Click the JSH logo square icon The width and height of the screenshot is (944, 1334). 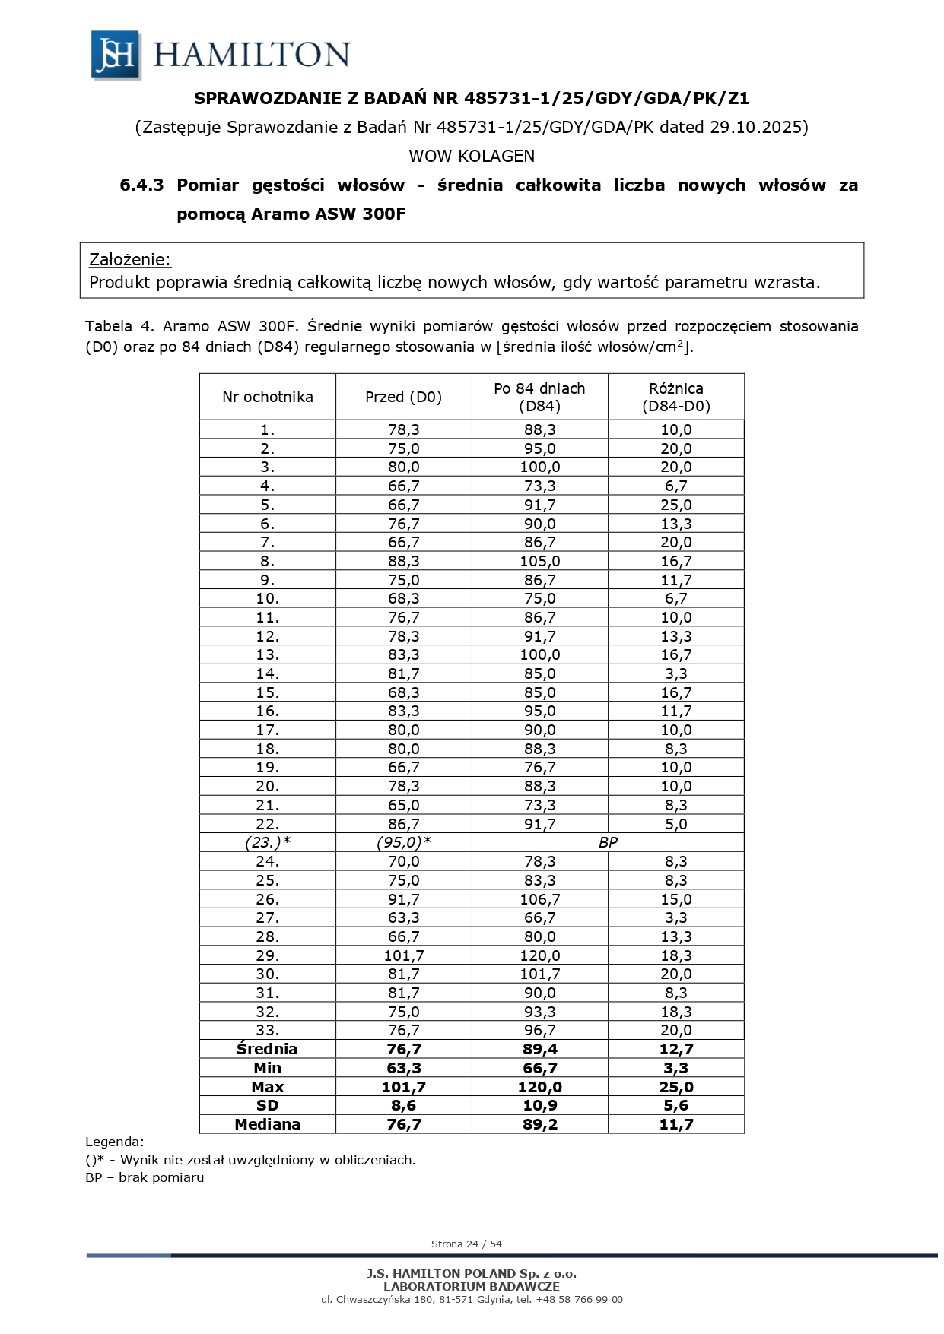pos(116,55)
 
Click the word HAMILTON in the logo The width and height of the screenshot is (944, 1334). pos(252,55)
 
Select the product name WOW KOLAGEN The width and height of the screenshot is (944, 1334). pos(472,156)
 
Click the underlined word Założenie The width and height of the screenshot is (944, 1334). pos(130,259)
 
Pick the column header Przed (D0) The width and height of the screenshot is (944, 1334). pos(403,397)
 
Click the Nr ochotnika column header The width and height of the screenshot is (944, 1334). pos(268,397)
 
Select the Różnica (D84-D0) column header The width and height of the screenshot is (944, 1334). pos(676,397)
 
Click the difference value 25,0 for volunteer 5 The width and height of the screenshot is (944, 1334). pos(676,505)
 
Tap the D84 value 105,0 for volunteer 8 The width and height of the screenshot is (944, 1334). pos(540,561)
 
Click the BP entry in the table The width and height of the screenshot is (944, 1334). pos(608,842)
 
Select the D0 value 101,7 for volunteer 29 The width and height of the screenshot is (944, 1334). pos(403,955)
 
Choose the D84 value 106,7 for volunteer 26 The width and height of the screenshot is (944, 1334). pos(540,898)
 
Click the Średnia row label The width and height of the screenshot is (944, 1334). pos(268,1049)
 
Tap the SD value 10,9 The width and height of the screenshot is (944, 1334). pos(540,1105)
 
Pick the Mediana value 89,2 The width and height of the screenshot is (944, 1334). pos(540,1124)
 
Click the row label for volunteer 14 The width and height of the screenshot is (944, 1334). pos(268,673)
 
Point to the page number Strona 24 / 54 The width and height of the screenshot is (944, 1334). pos(466,1244)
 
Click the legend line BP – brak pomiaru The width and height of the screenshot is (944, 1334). pos(145,1177)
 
